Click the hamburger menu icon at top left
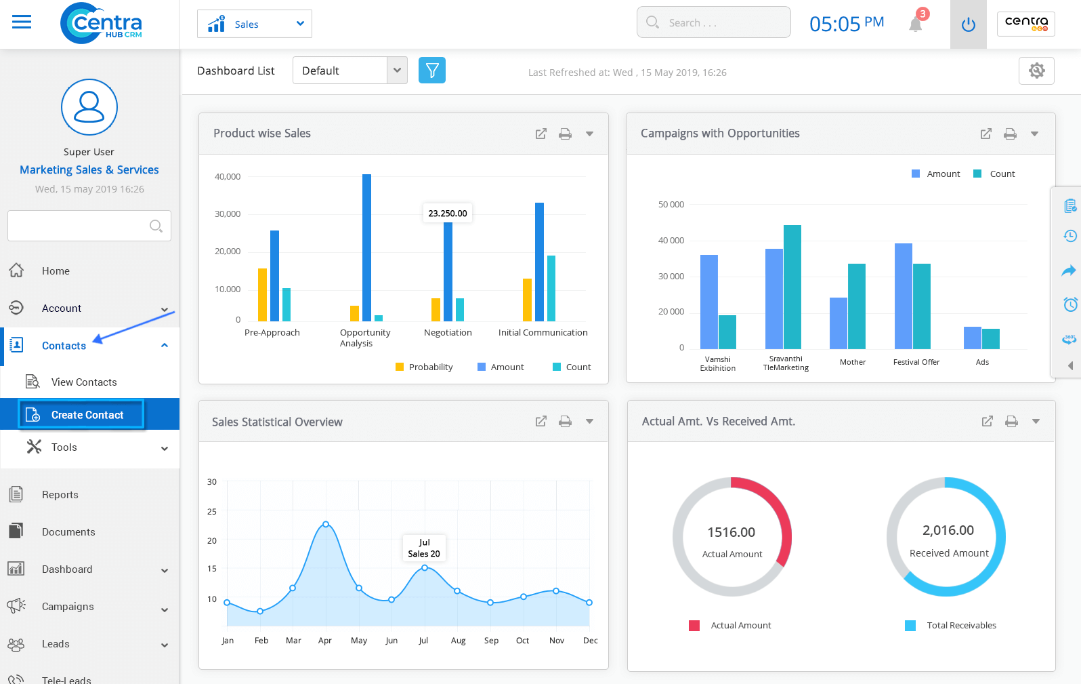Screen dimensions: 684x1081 click(x=22, y=22)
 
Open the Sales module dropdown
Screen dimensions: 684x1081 click(x=254, y=24)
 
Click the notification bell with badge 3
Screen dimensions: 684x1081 click(x=916, y=24)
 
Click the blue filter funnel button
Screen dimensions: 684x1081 click(x=431, y=71)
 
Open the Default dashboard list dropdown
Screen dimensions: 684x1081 click(x=349, y=71)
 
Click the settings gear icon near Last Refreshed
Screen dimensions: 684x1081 click(x=1036, y=71)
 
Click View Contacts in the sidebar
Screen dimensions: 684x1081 click(x=83, y=382)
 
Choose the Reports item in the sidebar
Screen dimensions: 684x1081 click(x=60, y=495)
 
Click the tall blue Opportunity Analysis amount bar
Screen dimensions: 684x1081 click(x=366, y=247)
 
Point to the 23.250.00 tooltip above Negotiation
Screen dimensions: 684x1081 click(x=447, y=213)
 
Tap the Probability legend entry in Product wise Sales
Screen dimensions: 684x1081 click(x=424, y=367)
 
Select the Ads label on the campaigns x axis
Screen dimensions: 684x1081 click(x=982, y=362)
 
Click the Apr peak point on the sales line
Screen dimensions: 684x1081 click(x=326, y=524)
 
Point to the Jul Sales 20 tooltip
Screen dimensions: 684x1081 click(x=424, y=548)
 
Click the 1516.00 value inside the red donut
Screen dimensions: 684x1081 click(x=731, y=533)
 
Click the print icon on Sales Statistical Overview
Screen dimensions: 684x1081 click(x=565, y=422)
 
